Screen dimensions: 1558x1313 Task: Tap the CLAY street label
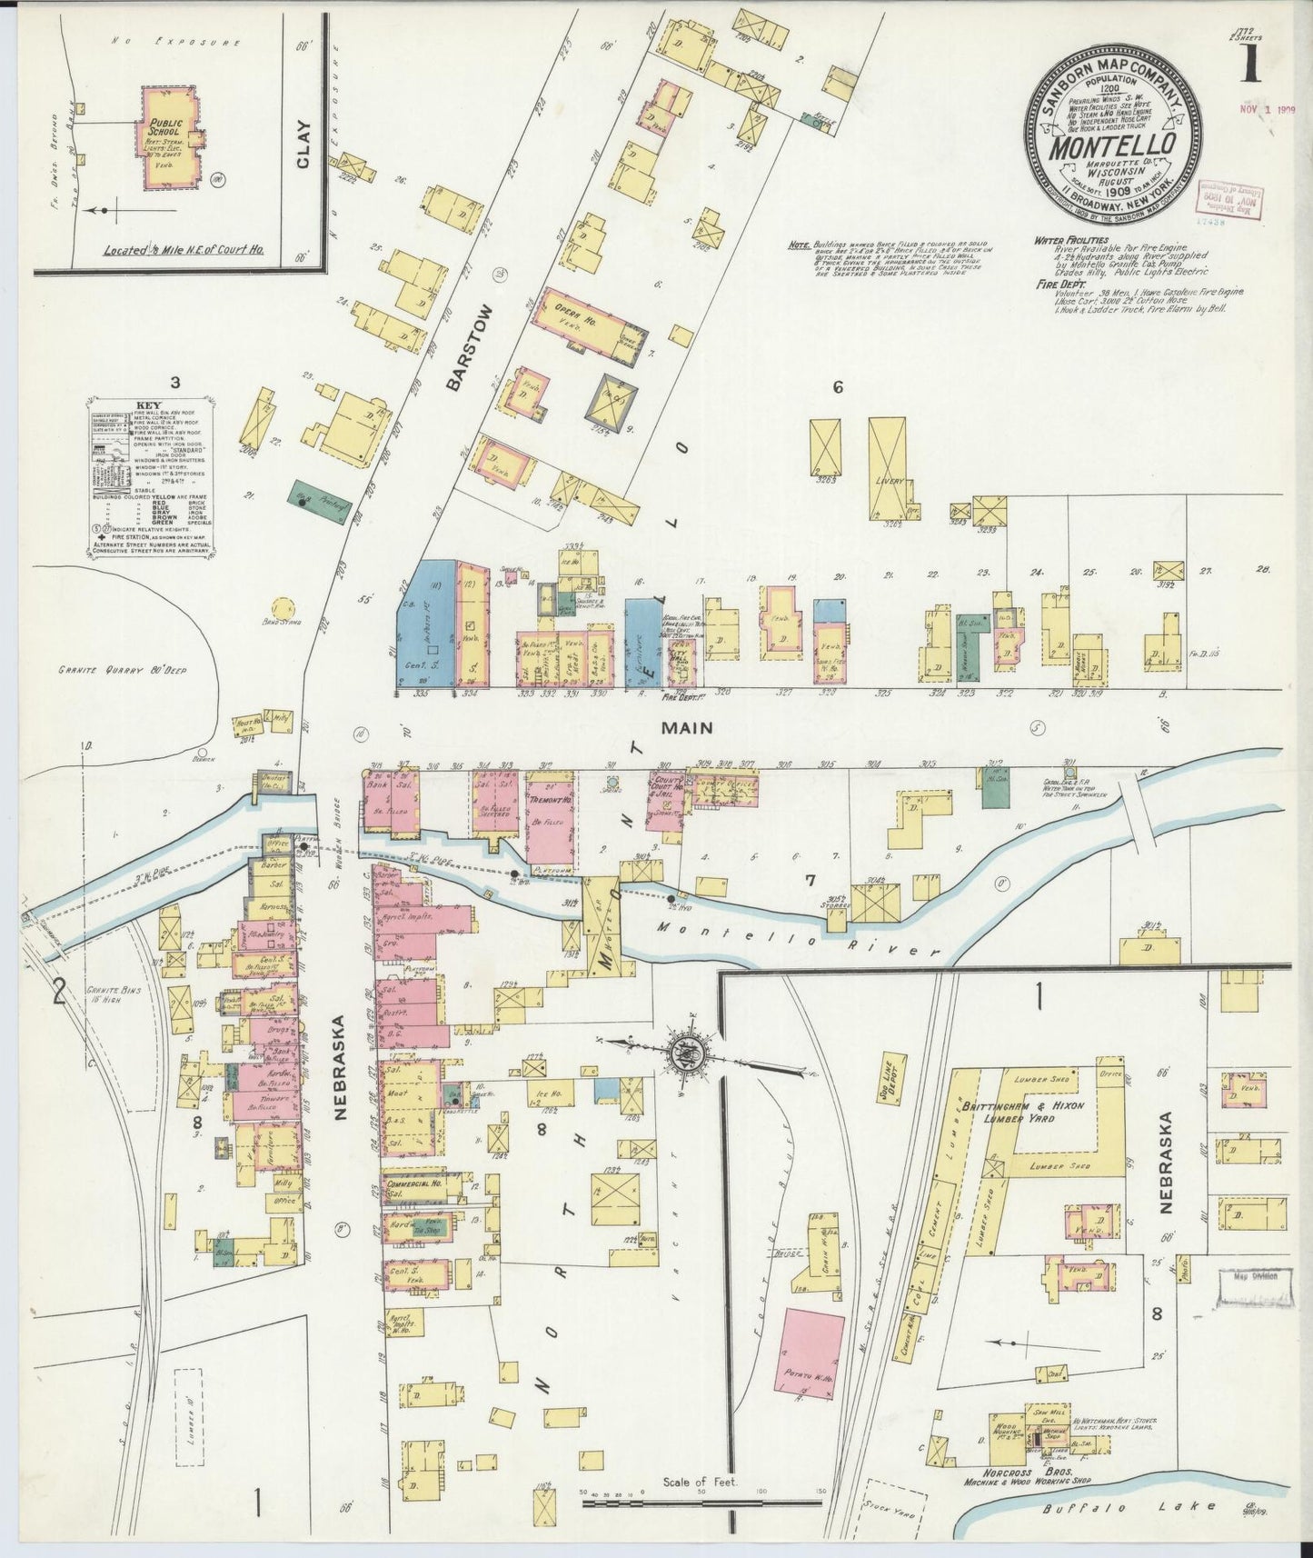[x=303, y=145]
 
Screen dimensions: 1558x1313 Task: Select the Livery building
[x=887, y=467]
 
